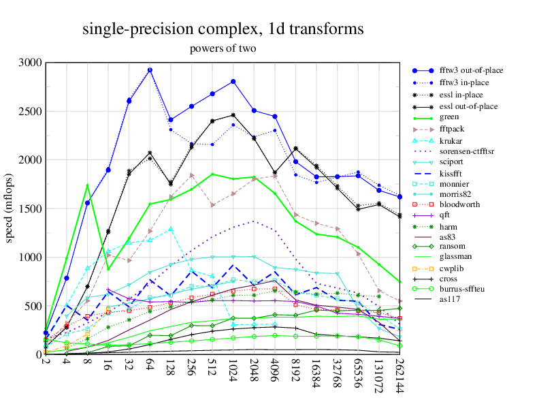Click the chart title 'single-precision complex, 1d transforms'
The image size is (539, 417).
click(223, 29)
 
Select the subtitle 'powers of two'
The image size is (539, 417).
click(223, 48)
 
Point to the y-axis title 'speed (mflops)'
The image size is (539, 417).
click(10, 208)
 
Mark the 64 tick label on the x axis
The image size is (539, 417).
click(150, 365)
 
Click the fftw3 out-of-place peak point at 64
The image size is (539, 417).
click(150, 70)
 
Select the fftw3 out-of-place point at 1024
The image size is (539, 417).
click(233, 82)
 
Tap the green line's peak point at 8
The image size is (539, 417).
click(87, 185)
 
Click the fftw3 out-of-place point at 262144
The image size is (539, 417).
click(399, 197)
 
